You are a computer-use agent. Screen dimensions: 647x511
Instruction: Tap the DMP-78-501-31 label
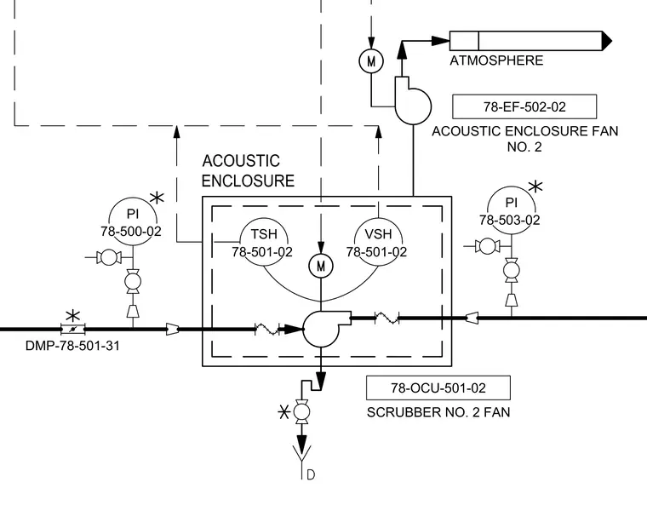(72, 346)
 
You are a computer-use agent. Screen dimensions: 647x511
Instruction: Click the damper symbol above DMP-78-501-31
(72, 329)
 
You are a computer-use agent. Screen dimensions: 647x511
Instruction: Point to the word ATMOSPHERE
(496, 60)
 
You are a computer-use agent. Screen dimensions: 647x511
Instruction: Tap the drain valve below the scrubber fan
(301, 412)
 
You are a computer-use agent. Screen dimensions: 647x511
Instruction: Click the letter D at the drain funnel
(311, 474)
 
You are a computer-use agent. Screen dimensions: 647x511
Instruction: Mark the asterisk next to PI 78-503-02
(535, 187)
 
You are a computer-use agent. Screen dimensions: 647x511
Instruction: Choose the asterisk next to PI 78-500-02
(157, 198)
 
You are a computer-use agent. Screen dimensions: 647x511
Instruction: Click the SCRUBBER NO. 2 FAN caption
(438, 412)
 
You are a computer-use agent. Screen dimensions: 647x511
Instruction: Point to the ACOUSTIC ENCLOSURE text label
(248, 171)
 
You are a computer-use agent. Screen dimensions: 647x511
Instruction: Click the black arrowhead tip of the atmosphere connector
(612, 41)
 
